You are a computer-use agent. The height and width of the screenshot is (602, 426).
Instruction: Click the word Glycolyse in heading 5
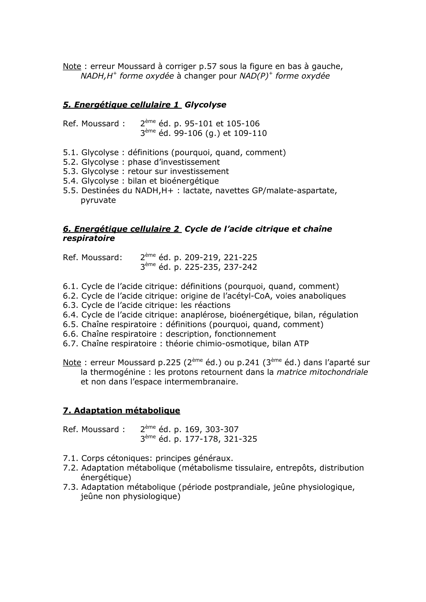click(205, 105)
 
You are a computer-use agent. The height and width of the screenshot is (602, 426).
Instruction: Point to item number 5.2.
click(71, 162)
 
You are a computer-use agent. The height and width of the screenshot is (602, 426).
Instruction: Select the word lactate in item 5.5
click(197, 190)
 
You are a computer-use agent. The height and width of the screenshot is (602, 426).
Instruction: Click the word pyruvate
click(98, 200)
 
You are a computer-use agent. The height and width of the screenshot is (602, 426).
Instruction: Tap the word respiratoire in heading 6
click(89, 238)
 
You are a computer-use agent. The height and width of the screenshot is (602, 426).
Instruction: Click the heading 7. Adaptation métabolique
click(121, 410)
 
